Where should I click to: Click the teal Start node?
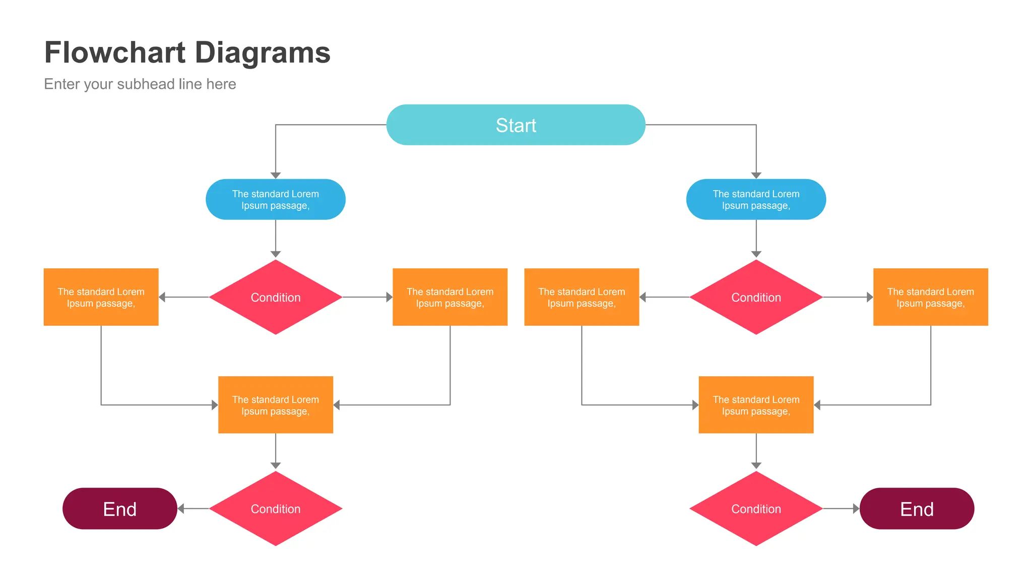tap(515, 125)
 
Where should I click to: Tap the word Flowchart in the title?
tap(115, 52)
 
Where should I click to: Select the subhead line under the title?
tap(140, 84)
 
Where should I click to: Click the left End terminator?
tap(119, 508)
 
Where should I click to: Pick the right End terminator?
tap(916, 508)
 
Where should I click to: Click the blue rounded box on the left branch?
tap(275, 199)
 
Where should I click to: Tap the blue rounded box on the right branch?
tap(755, 199)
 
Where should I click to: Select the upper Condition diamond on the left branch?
tap(275, 297)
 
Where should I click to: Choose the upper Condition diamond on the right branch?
tap(755, 297)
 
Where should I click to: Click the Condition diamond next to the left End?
tap(275, 508)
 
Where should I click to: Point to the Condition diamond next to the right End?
tap(755, 508)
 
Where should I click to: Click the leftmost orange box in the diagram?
tap(101, 297)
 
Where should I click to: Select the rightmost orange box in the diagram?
tap(930, 297)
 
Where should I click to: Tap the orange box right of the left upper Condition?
tap(449, 297)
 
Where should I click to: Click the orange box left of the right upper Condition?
tap(582, 297)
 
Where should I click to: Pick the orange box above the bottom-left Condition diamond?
tap(275, 404)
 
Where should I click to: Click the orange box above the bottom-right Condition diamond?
tap(755, 404)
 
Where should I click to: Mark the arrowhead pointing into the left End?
tap(181, 509)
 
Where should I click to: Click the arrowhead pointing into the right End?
tap(856, 509)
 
